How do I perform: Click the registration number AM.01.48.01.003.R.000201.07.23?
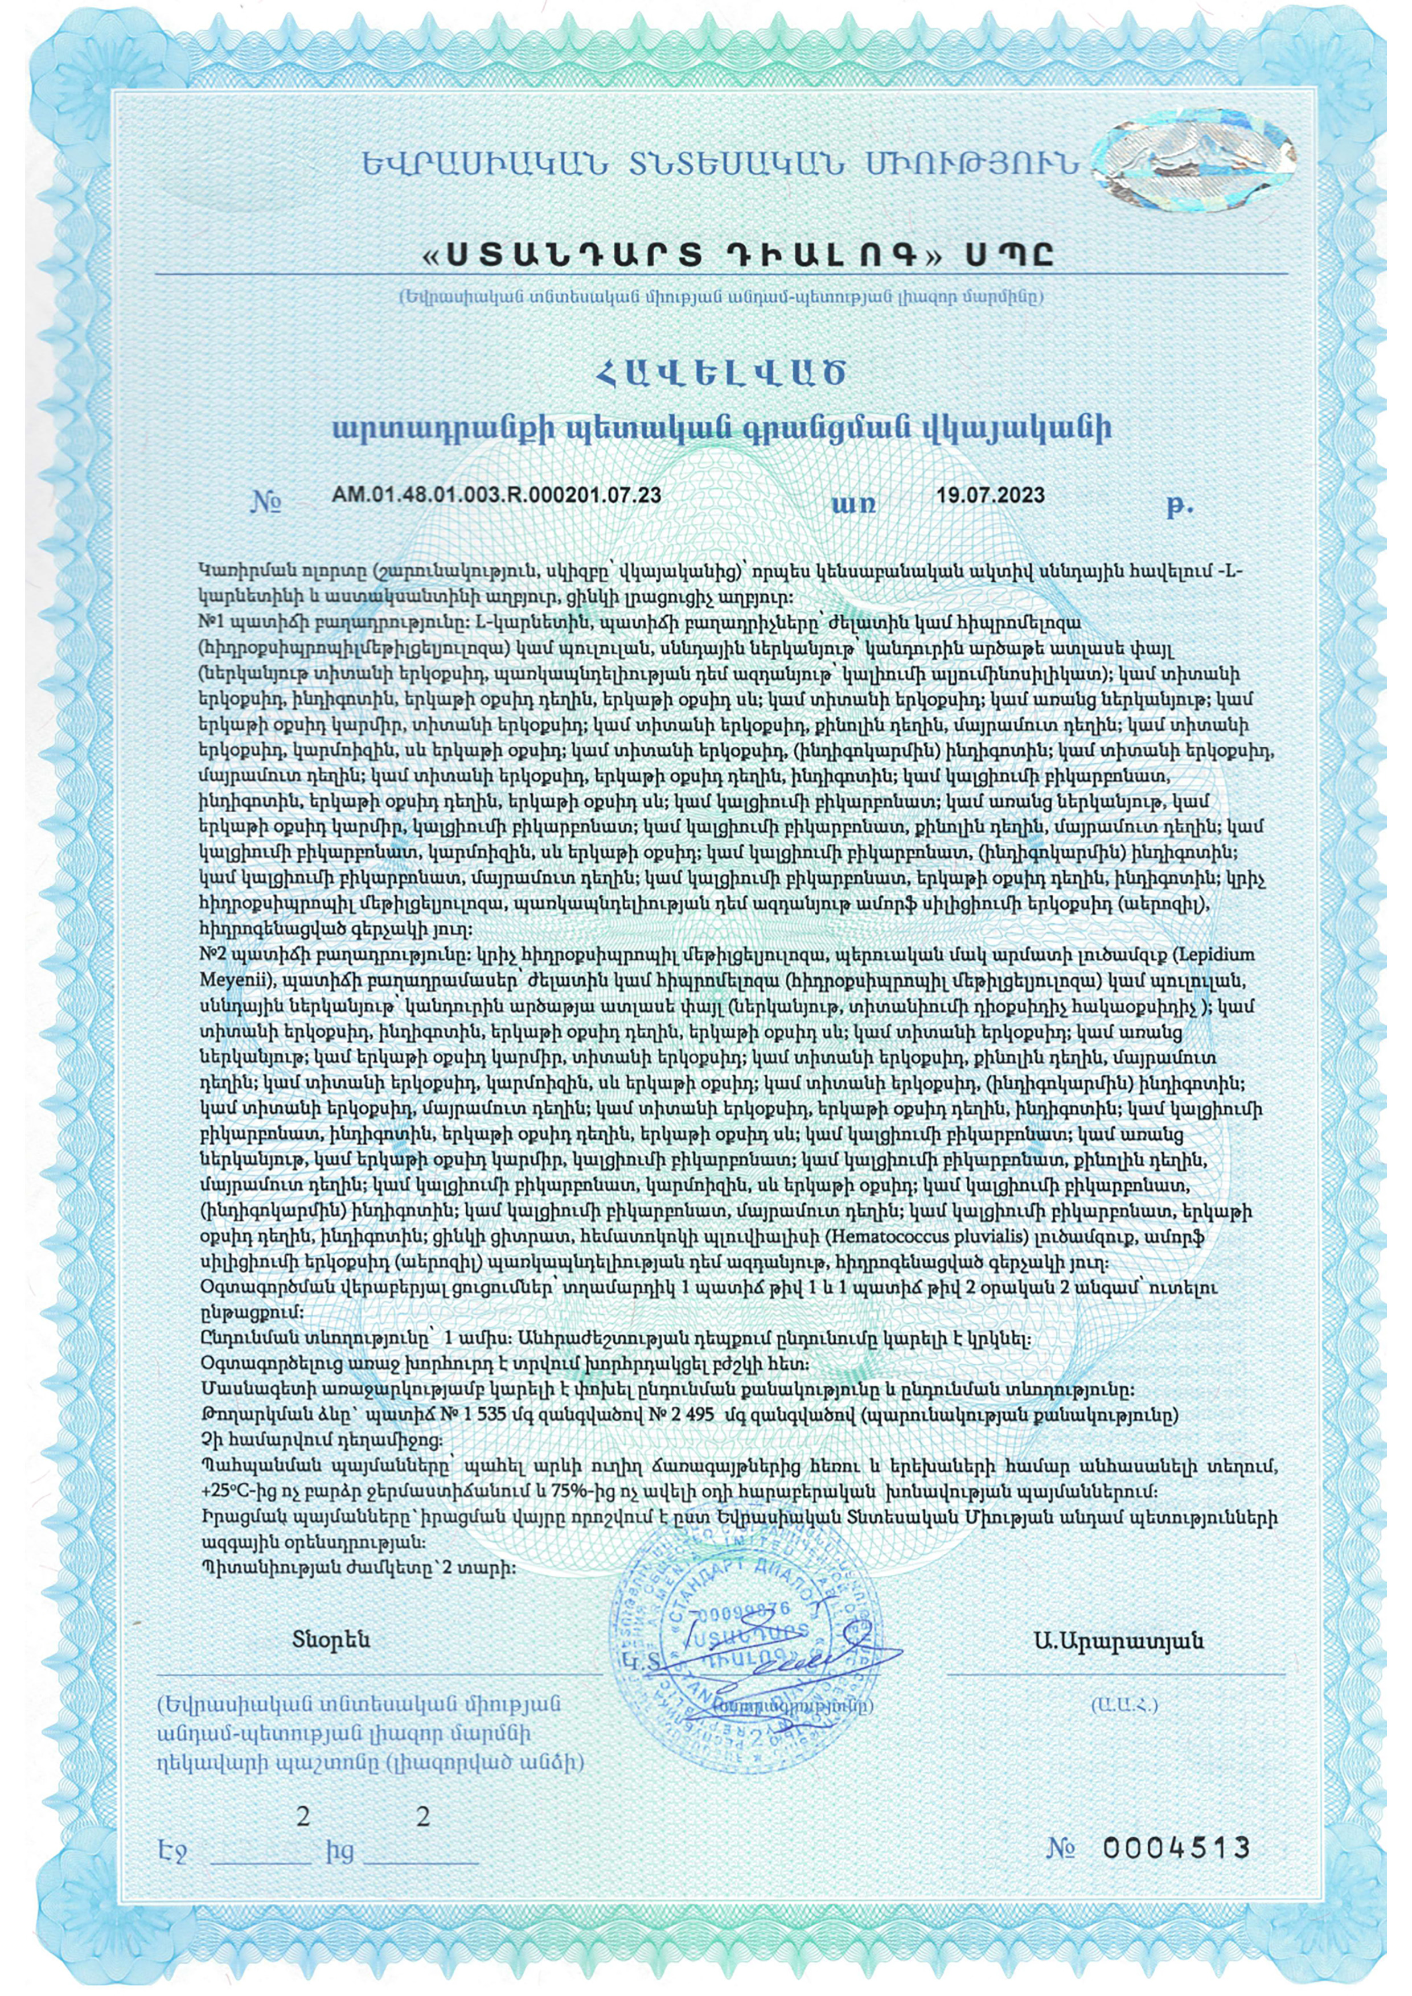tap(496, 496)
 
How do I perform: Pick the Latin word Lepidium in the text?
tap(1217, 954)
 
